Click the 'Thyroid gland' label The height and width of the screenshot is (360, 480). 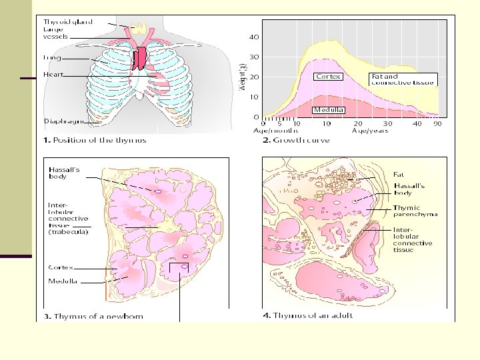point(68,22)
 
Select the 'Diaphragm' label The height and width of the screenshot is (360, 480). point(63,121)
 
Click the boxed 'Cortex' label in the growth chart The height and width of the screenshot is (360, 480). point(328,76)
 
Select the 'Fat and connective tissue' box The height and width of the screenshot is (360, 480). point(403,79)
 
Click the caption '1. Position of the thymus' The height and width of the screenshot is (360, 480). point(95,140)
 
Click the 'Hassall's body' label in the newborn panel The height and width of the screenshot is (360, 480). point(65,173)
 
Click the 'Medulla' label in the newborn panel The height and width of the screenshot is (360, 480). point(63,281)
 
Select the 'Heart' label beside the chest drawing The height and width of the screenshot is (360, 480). point(53,75)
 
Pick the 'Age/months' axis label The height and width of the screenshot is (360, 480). point(280,130)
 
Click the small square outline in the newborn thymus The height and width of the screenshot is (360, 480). point(179,269)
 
